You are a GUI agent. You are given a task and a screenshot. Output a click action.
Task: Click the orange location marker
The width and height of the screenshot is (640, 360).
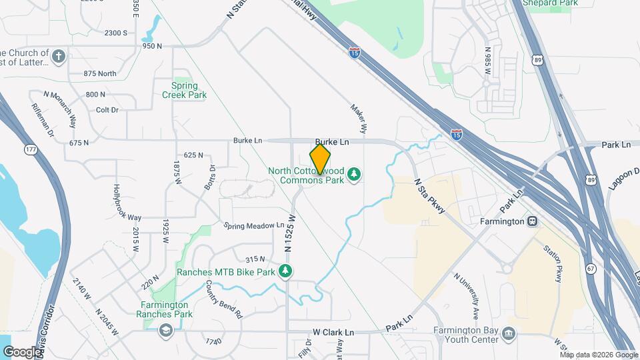coord(320,159)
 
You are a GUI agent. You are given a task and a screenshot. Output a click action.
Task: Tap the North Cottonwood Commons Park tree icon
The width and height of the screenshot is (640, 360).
coord(355,175)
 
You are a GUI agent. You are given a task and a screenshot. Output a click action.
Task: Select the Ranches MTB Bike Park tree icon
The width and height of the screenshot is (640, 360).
coord(285,271)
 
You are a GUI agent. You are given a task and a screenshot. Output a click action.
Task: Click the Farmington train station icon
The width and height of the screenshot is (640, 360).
coord(532,221)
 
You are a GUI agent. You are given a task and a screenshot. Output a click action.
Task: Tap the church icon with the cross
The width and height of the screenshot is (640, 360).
coord(59,56)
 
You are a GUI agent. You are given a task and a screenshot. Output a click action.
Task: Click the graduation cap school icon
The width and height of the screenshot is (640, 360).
coord(165,329)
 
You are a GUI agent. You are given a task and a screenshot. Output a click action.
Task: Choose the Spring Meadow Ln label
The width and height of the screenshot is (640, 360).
coord(253,226)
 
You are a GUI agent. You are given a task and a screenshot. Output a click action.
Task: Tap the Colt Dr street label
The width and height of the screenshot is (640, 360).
coord(107,109)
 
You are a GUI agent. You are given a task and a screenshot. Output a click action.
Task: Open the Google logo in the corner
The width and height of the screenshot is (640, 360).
coord(21,352)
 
